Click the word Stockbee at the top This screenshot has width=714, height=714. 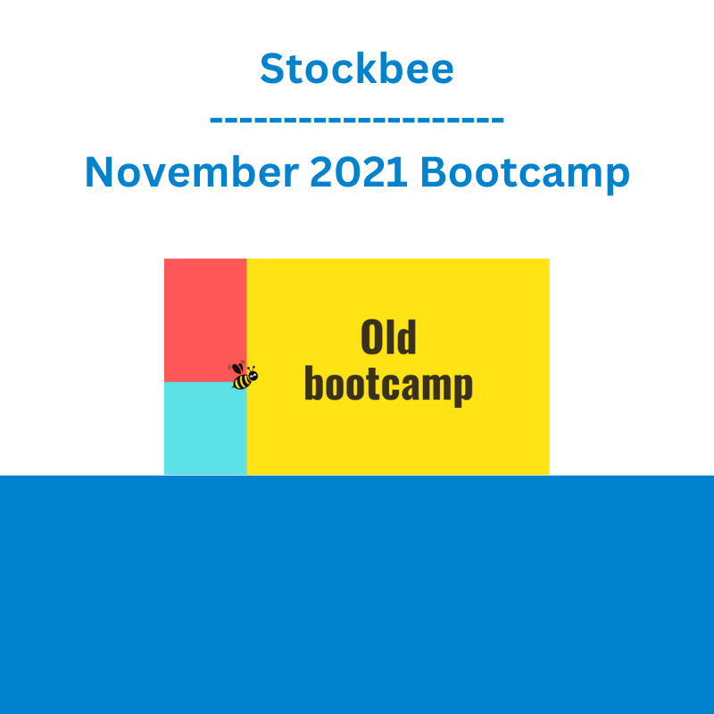356,69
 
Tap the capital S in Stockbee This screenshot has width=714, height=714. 272,69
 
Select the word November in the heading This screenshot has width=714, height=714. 192,171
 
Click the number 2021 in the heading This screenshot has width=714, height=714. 359,171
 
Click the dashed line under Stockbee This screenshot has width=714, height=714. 356,120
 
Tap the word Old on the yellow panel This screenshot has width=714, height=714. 388,336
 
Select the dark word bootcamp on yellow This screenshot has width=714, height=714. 388,386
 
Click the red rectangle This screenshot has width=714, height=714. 205,320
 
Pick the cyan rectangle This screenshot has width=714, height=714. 205,428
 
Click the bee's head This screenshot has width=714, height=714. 253,376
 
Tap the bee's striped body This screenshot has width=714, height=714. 241,381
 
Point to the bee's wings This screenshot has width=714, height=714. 237,368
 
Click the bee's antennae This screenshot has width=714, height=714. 252,369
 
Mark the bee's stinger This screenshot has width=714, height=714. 233,387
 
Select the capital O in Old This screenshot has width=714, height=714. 371,336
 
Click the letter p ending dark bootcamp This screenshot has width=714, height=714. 463,388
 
